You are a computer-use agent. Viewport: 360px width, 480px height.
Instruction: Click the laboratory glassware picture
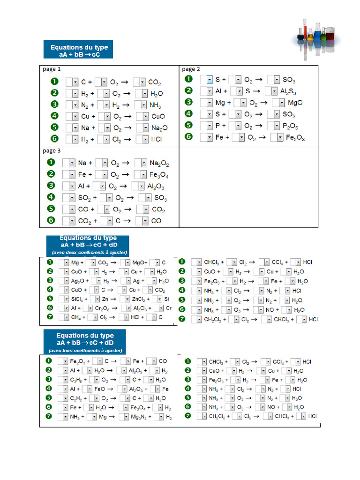pos(316,39)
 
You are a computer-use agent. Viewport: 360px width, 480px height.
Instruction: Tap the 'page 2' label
pos(191,69)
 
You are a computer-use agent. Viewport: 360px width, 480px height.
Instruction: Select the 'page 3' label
pos(52,150)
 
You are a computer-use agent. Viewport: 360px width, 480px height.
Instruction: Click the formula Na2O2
pos(159,164)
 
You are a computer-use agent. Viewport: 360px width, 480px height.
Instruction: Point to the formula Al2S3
pos(288,91)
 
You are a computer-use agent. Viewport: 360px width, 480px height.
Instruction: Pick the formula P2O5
pos(290,126)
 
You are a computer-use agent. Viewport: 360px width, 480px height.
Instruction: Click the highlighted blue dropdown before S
pos(210,80)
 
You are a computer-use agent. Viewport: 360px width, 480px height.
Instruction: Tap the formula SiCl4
pos(77,299)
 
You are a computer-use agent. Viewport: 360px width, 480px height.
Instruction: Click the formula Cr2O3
pos(102,308)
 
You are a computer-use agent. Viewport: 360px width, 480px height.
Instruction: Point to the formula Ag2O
pos(77,281)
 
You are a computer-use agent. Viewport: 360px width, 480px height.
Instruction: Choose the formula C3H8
pos(76,380)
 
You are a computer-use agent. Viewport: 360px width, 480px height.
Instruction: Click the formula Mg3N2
pos(138,417)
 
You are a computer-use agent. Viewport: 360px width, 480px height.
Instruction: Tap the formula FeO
pos(99,389)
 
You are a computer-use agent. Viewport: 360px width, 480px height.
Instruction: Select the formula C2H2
pos(76,398)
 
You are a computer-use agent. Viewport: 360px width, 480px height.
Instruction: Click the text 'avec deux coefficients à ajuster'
pos(90,253)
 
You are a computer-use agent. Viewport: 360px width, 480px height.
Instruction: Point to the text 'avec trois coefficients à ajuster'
pos(85,351)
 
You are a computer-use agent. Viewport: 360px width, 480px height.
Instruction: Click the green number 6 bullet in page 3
pos(51,220)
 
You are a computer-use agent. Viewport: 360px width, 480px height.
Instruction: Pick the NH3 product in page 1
pos(155,105)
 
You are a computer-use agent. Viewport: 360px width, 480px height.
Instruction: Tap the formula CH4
pos(76,317)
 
